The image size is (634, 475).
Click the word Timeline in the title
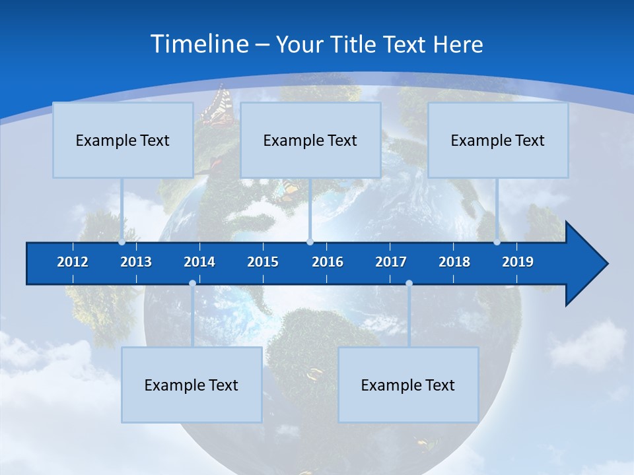point(199,44)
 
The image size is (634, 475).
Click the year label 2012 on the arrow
point(73,262)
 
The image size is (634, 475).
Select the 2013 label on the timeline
point(136,262)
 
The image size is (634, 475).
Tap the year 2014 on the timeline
point(199,262)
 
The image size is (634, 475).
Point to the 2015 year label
point(263,262)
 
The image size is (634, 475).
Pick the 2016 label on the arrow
point(328,262)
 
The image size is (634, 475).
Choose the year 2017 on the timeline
point(391,262)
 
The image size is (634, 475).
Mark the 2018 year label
point(454,262)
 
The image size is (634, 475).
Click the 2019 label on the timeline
point(518,262)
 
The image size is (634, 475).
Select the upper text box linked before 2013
point(123,140)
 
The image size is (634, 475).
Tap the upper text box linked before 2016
point(310,140)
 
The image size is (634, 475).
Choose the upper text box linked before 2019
point(498,140)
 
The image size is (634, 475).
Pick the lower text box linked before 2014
point(192,385)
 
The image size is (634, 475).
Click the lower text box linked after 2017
point(408,385)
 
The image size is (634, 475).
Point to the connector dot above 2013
point(122,242)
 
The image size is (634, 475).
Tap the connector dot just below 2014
point(192,284)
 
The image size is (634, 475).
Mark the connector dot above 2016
point(310,242)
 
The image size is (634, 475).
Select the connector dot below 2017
point(409,284)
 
